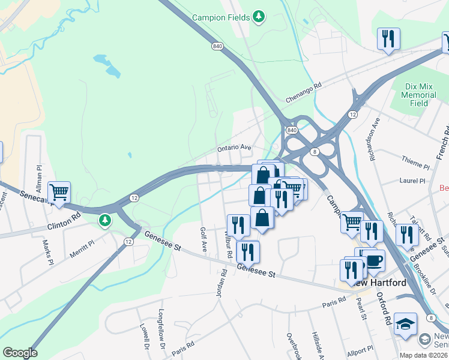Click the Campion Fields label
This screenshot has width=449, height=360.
(x=220, y=17)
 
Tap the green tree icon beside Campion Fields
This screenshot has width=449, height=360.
(x=259, y=16)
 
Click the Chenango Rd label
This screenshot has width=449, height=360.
(x=303, y=86)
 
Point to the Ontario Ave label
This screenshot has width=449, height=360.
(x=234, y=147)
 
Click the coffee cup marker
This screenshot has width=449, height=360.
(x=373, y=260)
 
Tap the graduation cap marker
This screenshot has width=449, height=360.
(x=406, y=323)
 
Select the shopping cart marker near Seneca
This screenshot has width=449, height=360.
(x=59, y=193)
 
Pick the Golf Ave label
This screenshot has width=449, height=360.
(x=203, y=239)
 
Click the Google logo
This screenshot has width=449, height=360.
(x=20, y=353)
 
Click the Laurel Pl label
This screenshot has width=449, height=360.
(x=412, y=180)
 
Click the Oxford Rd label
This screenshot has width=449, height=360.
(x=384, y=307)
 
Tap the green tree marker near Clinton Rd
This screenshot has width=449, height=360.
(x=106, y=221)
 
